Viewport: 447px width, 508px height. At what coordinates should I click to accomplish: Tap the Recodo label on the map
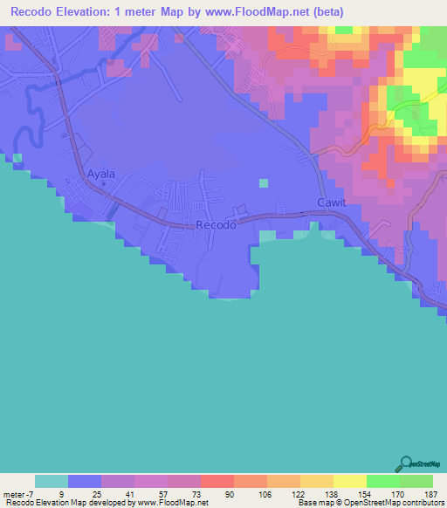tap(216, 225)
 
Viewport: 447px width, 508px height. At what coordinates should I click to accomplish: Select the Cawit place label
tap(332, 203)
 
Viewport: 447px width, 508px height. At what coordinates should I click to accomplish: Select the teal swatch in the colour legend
tap(52, 481)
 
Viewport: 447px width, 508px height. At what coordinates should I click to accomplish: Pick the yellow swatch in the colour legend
tap(349, 481)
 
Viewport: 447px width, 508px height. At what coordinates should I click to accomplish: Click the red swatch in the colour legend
tap(217, 481)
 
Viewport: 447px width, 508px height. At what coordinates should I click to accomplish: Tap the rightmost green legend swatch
tap(416, 481)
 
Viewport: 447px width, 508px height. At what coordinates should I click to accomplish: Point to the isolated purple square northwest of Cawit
tap(264, 183)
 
